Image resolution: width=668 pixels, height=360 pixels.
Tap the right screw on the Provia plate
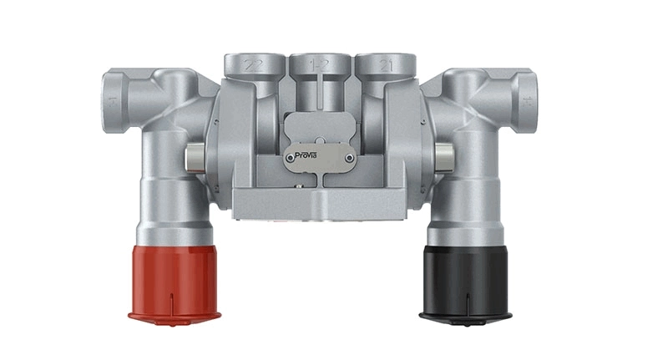pyautogui.click(x=344, y=155)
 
